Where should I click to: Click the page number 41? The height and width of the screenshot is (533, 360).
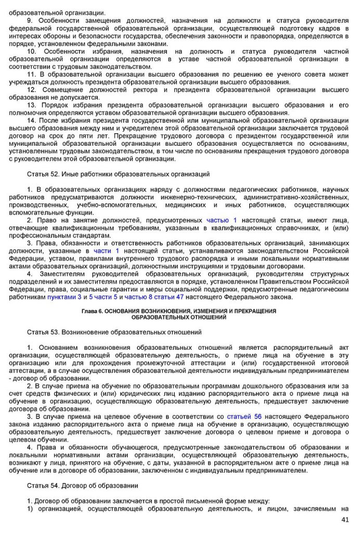344,519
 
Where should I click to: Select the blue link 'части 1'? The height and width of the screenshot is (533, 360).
106,251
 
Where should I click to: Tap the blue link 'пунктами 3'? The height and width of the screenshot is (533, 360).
65,297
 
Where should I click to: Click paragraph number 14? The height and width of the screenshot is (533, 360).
31,120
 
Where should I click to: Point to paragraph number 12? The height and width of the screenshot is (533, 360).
31,90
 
